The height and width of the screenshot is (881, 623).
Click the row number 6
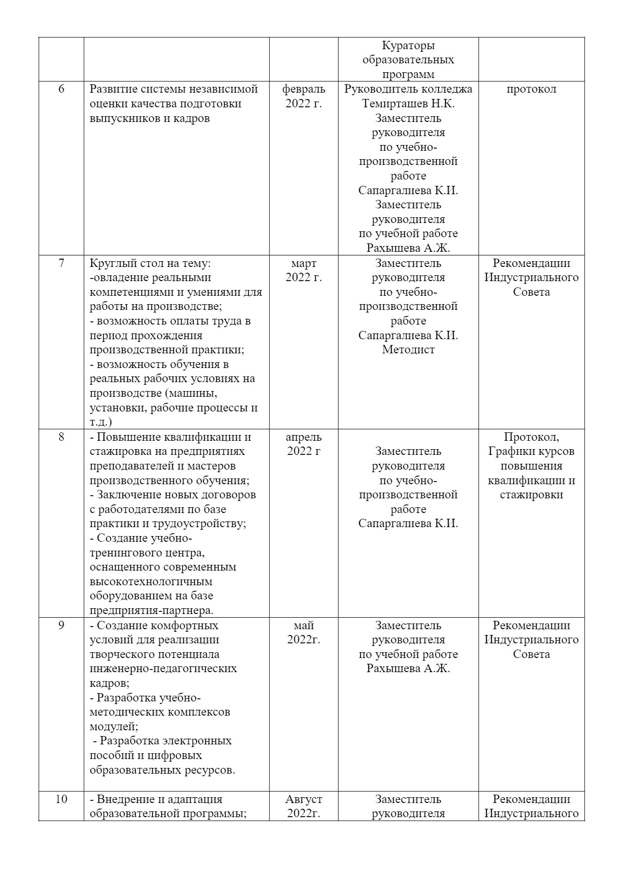click(61, 89)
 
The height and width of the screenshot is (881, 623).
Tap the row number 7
click(61, 263)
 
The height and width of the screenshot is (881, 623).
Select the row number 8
click(61, 437)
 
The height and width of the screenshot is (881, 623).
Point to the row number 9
click(61, 626)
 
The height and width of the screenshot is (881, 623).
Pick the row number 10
click(61, 799)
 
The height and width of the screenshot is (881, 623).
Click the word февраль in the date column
click(304, 89)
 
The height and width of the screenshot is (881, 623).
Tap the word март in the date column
click(304, 263)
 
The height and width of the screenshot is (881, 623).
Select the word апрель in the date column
click(304, 437)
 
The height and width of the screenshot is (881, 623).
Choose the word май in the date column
click(304, 626)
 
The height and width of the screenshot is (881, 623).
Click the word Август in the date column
click(304, 799)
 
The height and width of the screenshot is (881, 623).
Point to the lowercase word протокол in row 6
click(531, 89)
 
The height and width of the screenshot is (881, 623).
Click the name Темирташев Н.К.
click(408, 104)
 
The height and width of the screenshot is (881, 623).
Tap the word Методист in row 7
click(408, 350)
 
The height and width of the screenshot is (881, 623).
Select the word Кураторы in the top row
click(408, 46)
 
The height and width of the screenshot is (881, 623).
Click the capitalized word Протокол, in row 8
click(531, 437)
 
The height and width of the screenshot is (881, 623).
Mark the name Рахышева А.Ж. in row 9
click(408, 669)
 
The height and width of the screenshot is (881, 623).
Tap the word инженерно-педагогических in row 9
click(163, 669)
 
